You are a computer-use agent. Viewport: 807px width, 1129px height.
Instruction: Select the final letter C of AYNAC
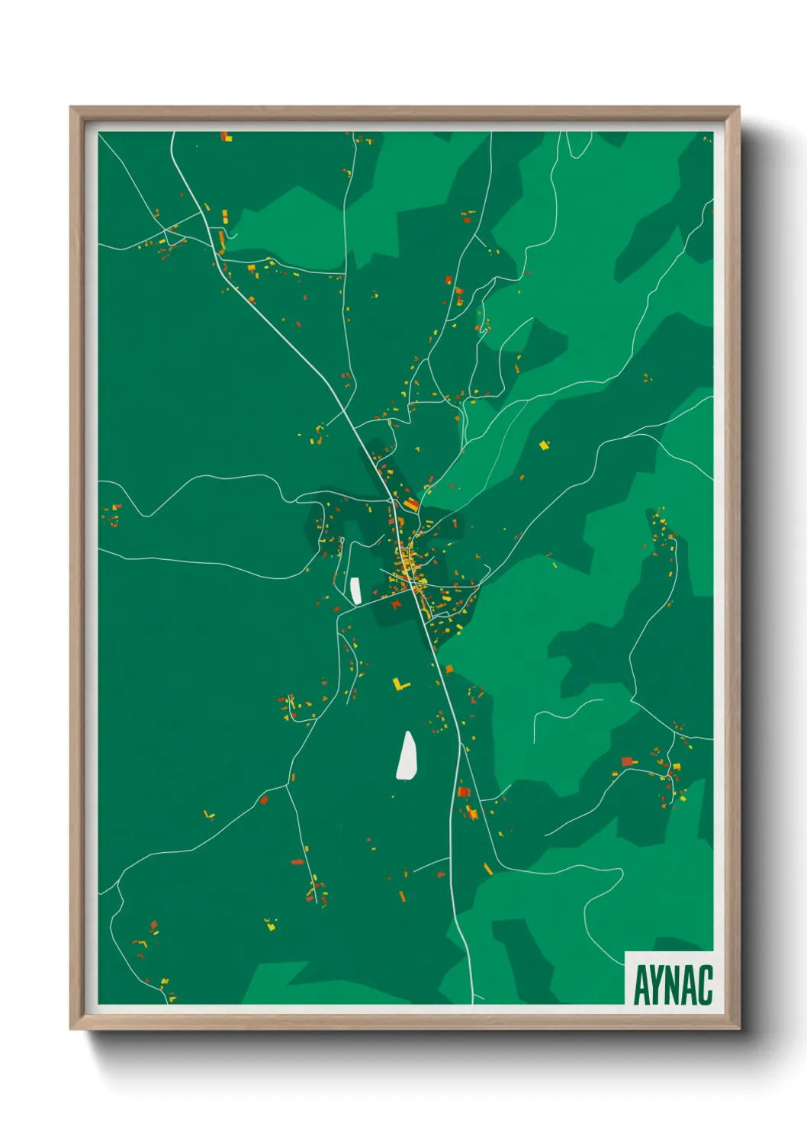[704, 985]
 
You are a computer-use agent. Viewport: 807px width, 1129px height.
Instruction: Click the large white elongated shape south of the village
[407, 756]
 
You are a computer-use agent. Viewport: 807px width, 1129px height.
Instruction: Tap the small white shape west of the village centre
[355, 590]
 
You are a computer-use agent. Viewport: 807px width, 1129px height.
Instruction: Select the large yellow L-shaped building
[400, 684]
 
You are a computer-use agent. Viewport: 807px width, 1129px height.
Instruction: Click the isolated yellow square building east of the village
[544, 445]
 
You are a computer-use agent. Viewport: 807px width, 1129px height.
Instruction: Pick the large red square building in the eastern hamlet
[627, 761]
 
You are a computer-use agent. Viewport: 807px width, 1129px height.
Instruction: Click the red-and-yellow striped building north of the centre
[411, 504]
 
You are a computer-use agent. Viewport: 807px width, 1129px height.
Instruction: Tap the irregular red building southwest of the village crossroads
[396, 603]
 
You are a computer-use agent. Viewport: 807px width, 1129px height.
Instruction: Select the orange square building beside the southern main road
[449, 669]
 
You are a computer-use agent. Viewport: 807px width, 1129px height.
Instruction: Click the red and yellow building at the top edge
[226, 137]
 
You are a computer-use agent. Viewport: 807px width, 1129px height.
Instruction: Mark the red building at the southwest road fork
[265, 800]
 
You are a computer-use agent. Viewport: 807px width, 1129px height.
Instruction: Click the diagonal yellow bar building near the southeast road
[488, 869]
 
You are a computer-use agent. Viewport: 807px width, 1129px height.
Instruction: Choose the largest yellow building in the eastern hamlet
[676, 766]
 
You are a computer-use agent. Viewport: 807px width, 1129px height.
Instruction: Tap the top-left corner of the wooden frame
[72, 108]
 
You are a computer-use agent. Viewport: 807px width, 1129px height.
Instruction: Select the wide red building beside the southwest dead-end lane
[297, 862]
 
